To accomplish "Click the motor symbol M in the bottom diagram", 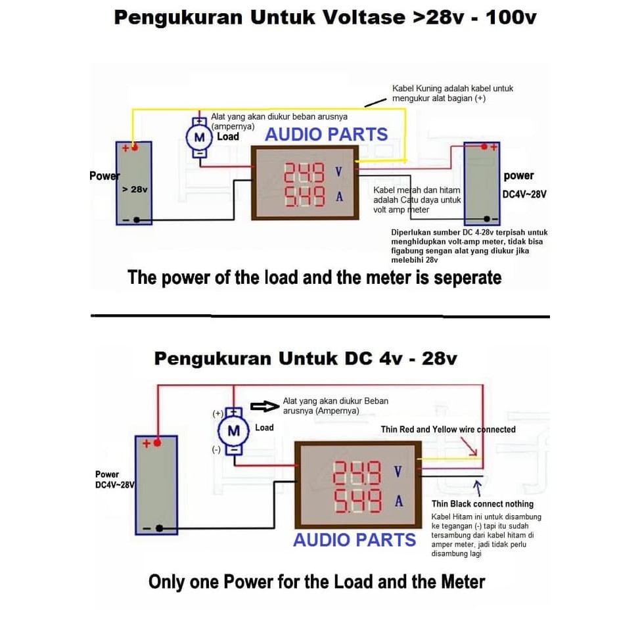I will click(233, 431).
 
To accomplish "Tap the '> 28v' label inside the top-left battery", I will click(135, 189).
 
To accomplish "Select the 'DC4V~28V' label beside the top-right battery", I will click(524, 194).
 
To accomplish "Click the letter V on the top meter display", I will click(338, 171).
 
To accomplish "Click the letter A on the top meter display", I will click(339, 195).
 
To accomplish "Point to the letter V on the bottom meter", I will click(398, 472).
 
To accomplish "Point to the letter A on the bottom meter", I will click(398, 501).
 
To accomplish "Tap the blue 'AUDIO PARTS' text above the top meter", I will click(326, 135).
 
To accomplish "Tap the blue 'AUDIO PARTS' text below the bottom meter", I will click(355, 540).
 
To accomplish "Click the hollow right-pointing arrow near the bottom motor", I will click(263, 407).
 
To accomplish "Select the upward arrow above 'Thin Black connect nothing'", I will click(478, 488).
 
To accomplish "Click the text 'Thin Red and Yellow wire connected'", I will click(448, 429).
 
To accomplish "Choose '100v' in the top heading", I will click(511, 18).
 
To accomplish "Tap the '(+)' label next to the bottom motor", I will click(217, 414).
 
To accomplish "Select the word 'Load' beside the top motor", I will click(228, 137).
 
